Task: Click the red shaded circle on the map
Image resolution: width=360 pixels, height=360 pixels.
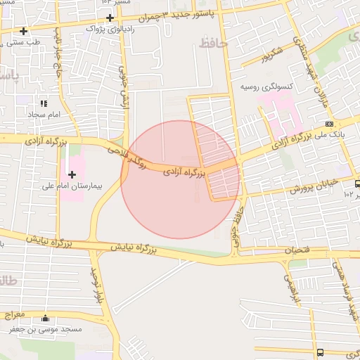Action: pyautogui.click(x=180, y=179)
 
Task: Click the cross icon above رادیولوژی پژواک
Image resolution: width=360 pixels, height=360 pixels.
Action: pyautogui.click(x=110, y=17)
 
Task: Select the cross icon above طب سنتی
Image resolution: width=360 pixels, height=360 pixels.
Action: pyautogui.click(x=24, y=31)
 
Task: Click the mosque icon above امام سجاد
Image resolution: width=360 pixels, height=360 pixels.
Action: pyautogui.click(x=44, y=103)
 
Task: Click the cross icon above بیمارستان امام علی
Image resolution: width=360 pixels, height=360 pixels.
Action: pyautogui.click(x=72, y=174)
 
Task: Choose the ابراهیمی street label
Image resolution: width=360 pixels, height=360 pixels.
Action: pyautogui.click(x=292, y=287)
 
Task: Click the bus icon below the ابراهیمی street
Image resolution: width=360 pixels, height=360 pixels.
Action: pyautogui.click(x=321, y=352)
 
